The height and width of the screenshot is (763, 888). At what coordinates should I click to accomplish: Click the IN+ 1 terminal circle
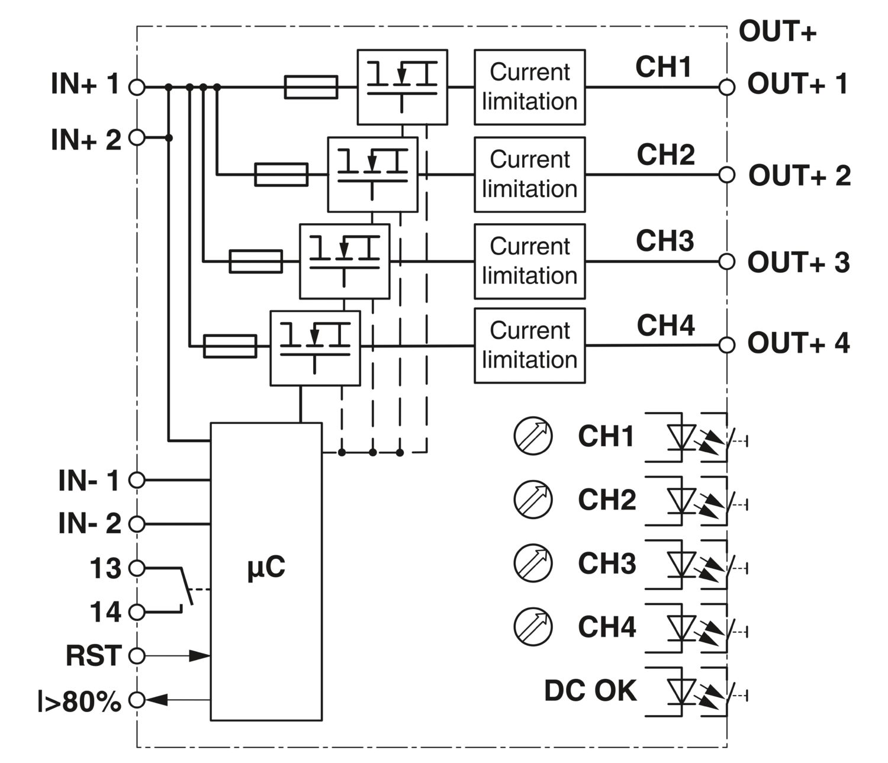[x=137, y=87]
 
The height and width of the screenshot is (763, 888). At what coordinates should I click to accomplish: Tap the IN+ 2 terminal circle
[x=137, y=137]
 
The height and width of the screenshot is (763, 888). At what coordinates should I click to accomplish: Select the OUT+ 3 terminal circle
[x=726, y=261]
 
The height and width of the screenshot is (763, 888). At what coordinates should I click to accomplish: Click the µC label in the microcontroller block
[x=266, y=567]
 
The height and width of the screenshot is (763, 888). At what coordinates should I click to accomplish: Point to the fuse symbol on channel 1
[x=311, y=87]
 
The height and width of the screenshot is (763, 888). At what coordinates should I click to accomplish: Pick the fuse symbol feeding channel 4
[x=230, y=346]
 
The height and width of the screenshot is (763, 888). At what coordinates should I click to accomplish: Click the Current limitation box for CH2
[x=529, y=175]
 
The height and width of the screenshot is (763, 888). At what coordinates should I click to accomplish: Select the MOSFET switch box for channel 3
[x=345, y=261]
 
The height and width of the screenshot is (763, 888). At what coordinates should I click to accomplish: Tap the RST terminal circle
[x=137, y=656]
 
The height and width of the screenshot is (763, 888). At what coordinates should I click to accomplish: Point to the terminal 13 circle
[x=137, y=568]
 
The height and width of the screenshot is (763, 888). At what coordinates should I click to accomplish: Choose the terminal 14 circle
[x=137, y=611]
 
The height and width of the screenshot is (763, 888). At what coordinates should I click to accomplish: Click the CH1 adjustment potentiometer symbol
[x=533, y=436]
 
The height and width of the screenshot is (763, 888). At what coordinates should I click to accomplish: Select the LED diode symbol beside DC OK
[x=681, y=693]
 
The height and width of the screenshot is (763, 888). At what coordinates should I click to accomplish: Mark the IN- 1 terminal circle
[x=137, y=479]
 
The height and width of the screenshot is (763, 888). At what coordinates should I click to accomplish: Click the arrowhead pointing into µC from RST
[x=200, y=656]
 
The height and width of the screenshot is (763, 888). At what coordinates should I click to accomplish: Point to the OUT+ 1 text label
[x=798, y=83]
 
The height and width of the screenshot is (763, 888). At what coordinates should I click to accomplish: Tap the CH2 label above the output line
[x=665, y=154]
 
